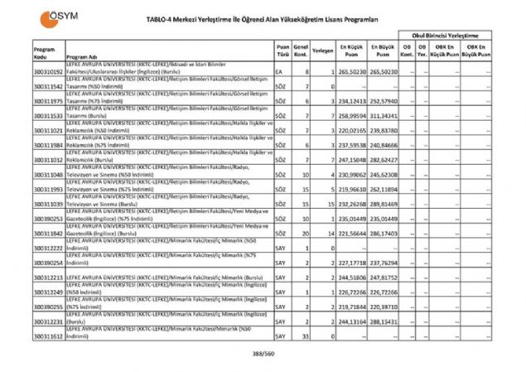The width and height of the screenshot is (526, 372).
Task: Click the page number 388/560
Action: click(263, 355)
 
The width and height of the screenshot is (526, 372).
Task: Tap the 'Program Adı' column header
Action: click(82, 56)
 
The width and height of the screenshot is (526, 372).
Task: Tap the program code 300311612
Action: click(48, 336)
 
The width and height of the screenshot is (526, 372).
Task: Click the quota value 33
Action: click(305, 336)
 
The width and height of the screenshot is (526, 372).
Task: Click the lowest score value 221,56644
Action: click(351, 235)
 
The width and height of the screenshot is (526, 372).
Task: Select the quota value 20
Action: click(305, 235)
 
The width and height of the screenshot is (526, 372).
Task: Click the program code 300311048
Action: click(48, 175)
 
